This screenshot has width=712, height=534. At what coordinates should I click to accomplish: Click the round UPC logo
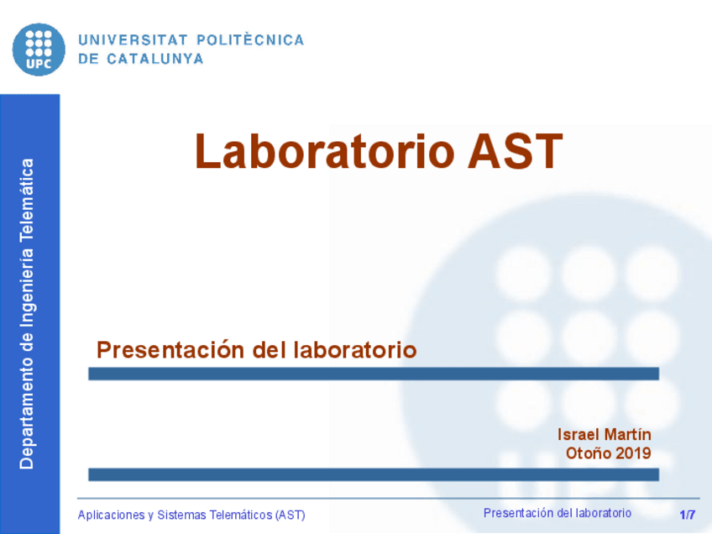click(39, 49)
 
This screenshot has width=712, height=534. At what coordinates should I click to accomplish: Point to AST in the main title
click(514, 152)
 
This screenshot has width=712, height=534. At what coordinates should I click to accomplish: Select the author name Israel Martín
click(604, 434)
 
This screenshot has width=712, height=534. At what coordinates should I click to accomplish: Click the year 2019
click(632, 453)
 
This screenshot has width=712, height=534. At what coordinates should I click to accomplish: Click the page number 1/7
click(688, 515)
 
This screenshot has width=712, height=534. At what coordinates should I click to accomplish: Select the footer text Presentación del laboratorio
click(558, 513)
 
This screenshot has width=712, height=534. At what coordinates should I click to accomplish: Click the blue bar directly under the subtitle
click(373, 374)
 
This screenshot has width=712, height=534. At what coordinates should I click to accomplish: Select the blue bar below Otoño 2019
click(373, 474)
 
